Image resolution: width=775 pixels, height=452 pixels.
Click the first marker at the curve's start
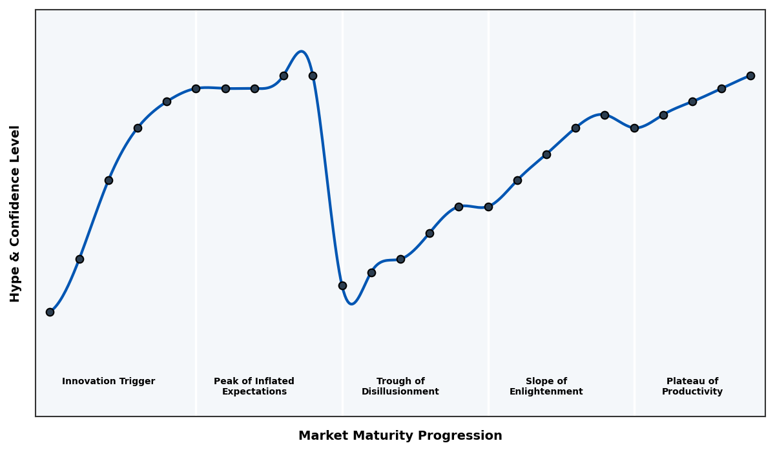(50, 312)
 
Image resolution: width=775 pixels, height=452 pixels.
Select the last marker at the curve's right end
(750, 76)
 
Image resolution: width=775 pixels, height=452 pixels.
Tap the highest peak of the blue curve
(301, 52)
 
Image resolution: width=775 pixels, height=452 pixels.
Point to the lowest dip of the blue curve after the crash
(351, 303)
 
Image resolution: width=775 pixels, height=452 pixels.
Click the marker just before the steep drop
(313, 76)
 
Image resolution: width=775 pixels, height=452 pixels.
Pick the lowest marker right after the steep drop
(342, 285)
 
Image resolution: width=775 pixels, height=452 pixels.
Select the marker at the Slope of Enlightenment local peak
(604, 115)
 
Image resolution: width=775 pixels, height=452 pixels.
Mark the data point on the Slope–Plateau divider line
(634, 128)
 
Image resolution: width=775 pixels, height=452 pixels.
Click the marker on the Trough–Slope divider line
(488, 207)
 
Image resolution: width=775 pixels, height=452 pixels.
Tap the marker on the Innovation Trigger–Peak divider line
(196, 88)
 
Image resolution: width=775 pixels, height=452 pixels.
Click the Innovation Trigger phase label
(108, 382)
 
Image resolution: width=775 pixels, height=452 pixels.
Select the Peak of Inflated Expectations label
(254, 386)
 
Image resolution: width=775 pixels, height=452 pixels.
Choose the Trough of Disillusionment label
(400, 386)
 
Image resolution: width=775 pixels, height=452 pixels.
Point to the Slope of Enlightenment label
(546, 386)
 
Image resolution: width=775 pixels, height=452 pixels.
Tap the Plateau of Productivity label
(692, 386)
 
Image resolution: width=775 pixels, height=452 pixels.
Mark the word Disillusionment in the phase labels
(400, 392)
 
